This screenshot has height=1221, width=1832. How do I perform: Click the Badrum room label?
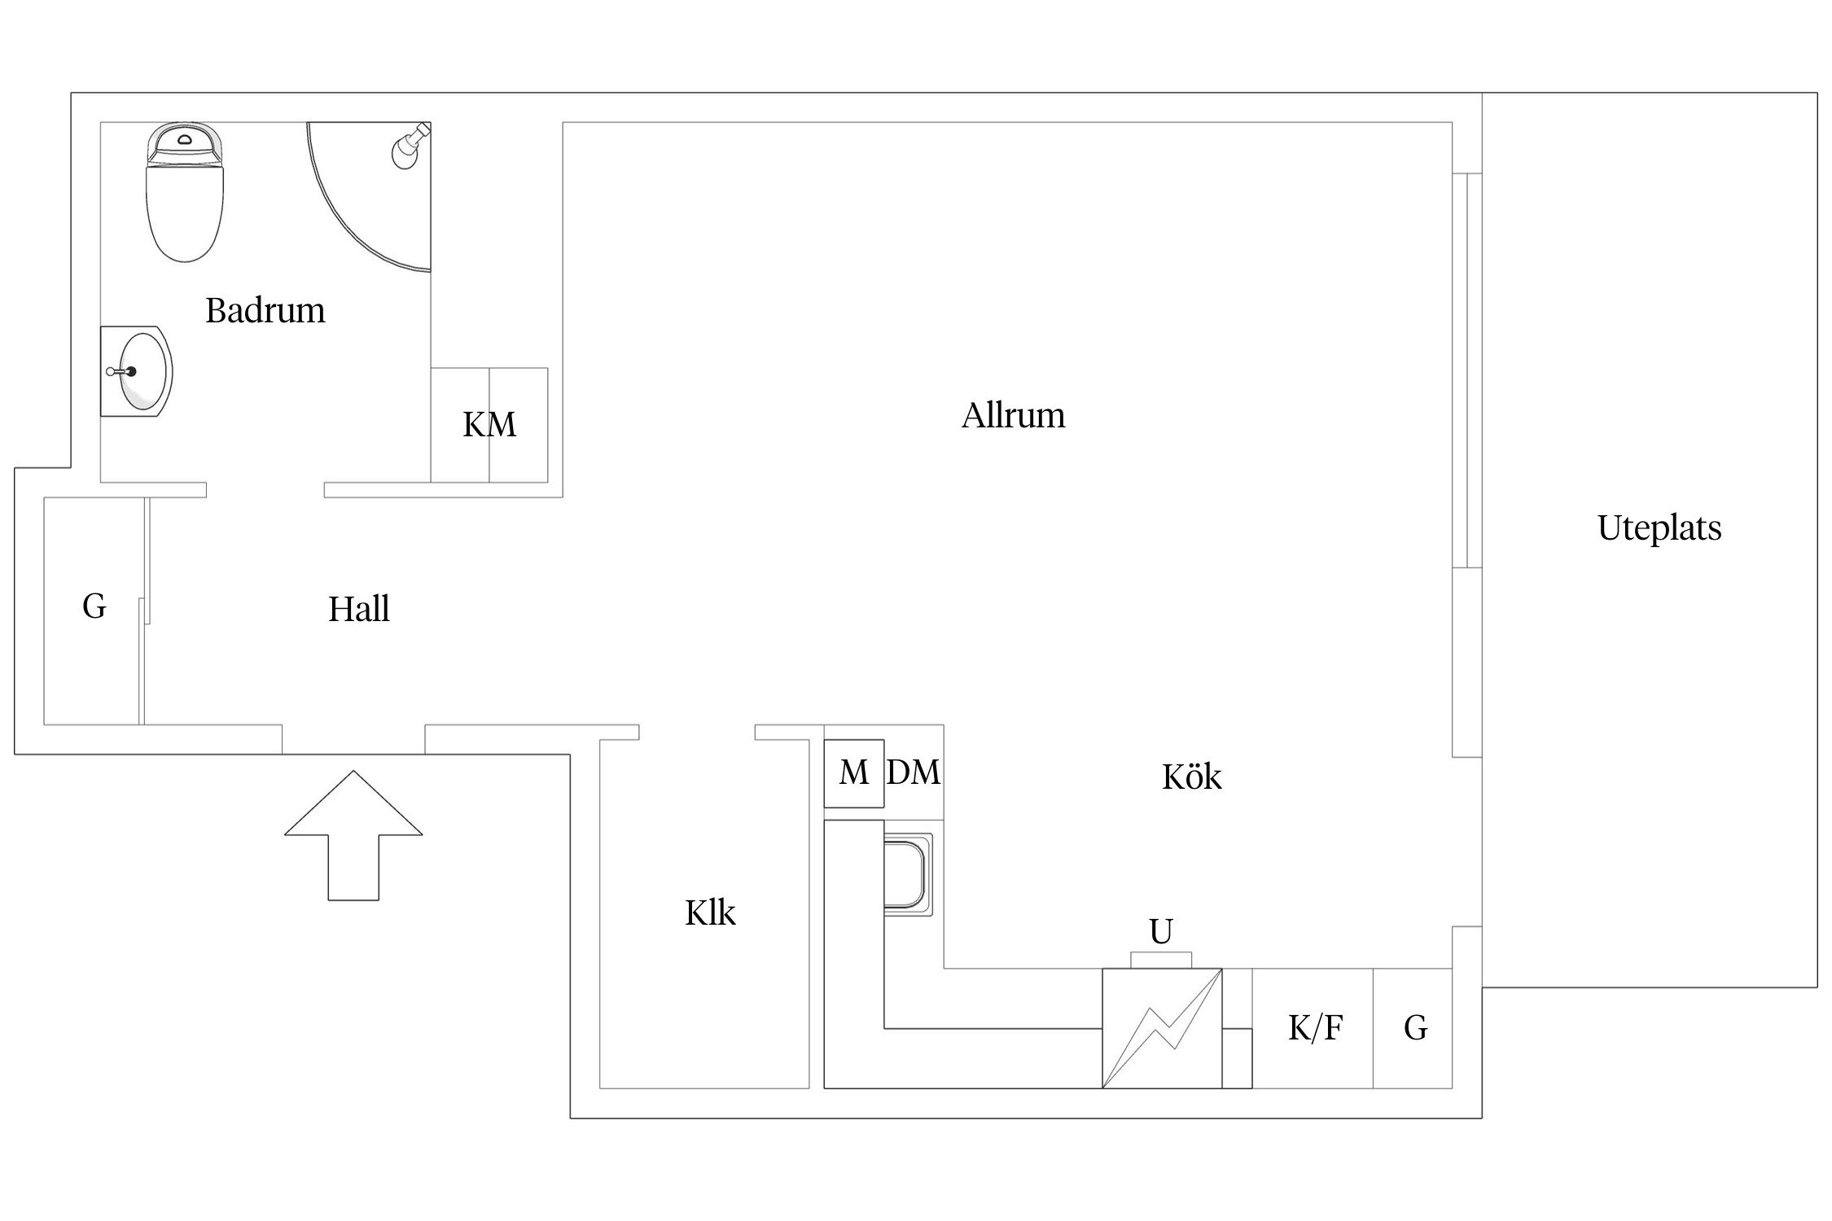coord(265,310)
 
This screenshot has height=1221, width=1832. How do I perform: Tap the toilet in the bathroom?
coord(184,192)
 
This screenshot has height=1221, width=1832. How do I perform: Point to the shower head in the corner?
coord(410,146)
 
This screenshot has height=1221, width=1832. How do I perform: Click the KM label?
coord(489,425)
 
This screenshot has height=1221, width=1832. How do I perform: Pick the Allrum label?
coord(1013,415)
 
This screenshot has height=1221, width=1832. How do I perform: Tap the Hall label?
coord(359,609)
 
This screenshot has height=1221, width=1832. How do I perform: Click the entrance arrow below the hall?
coord(353,835)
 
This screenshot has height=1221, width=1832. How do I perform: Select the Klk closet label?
coord(710,913)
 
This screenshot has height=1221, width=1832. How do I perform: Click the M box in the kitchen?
coord(854,773)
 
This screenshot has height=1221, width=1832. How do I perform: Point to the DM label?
coord(914,772)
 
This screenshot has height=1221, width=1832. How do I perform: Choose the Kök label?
coord(1192,777)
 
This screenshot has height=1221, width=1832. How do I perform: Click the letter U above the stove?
coord(1161,931)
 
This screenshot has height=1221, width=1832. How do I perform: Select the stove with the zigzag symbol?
coord(1162,1028)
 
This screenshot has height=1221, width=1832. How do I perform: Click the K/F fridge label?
coord(1315,1028)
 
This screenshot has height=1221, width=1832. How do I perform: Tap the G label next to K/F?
coord(1416,1028)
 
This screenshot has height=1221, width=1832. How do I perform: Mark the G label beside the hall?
coord(94,606)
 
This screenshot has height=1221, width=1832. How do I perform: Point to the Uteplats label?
coord(1659,528)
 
